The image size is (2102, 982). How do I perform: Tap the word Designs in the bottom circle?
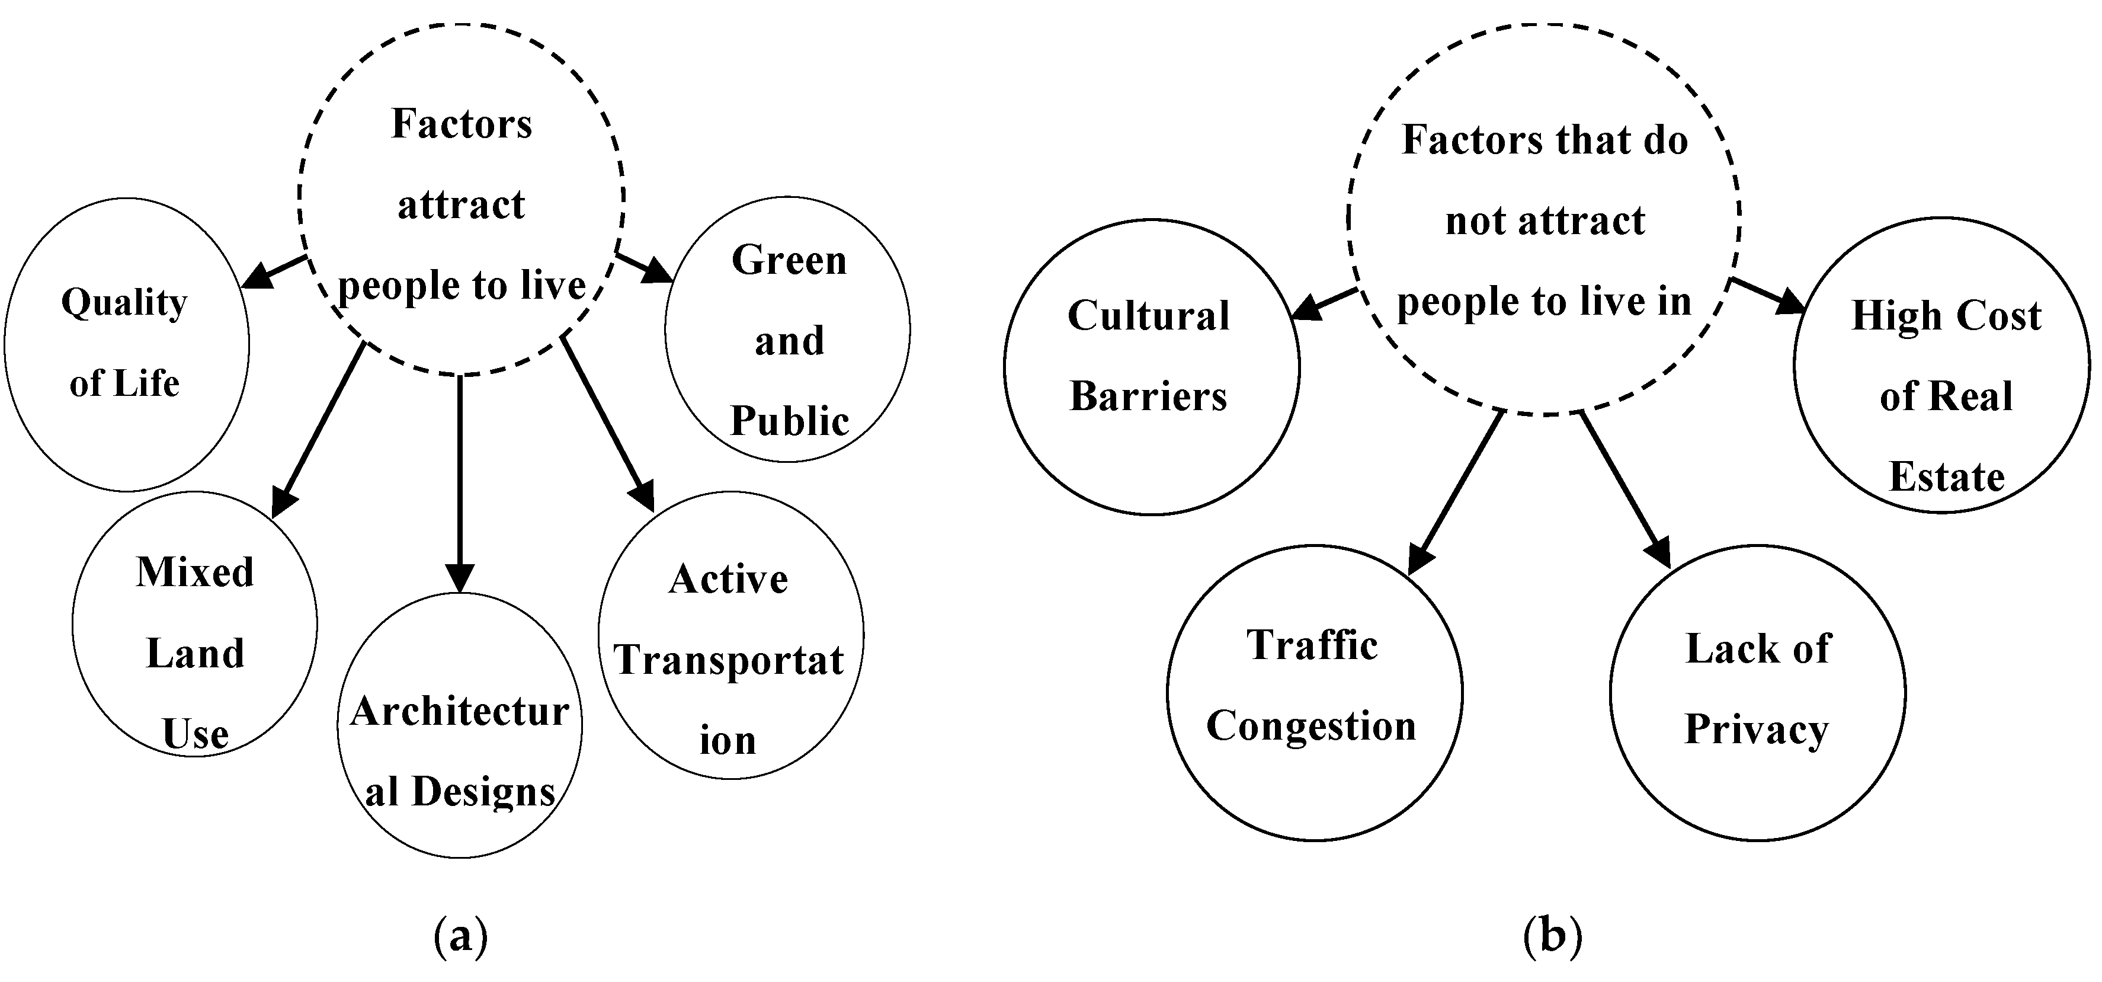[x=483, y=791]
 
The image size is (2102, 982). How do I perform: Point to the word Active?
[x=728, y=579]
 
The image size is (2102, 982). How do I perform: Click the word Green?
[x=789, y=260]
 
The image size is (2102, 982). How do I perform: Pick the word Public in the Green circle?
[x=789, y=421]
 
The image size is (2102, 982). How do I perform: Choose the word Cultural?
[x=1148, y=316]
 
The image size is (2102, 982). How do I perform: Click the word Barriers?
[x=1148, y=396]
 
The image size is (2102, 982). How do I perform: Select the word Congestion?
[x=1311, y=725]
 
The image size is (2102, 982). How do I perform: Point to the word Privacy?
[x=1756, y=730]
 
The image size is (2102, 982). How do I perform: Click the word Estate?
[x=1946, y=476]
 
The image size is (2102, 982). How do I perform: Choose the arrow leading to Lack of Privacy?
[x=1624, y=490]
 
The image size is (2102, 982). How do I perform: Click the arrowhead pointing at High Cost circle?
[x=1790, y=303]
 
